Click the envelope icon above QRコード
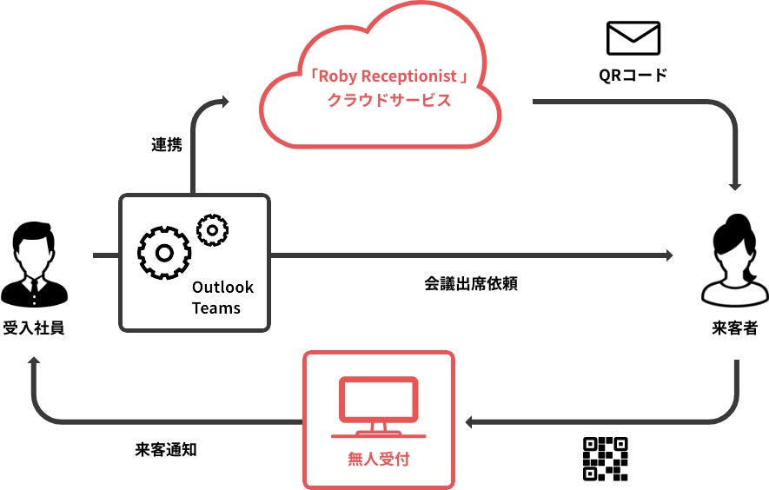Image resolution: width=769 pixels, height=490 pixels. click(633, 38)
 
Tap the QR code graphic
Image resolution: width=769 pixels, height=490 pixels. click(605, 458)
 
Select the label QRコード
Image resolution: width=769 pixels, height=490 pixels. click(633, 75)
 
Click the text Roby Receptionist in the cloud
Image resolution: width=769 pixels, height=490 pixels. click(389, 76)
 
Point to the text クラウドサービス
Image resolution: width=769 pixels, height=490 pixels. click(389, 100)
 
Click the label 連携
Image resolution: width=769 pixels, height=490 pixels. click(167, 145)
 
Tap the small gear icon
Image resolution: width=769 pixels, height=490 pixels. click(212, 229)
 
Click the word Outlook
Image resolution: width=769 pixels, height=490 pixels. click(222, 288)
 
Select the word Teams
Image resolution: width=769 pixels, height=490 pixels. click(216, 308)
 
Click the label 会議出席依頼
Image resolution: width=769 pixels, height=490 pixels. click(471, 283)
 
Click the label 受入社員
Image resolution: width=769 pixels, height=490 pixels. click(34, 328)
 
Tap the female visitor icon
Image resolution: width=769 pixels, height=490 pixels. click(735, 261)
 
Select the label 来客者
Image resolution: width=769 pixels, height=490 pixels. click(735, 328)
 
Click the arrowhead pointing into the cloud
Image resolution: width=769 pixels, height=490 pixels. click(224, 103)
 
